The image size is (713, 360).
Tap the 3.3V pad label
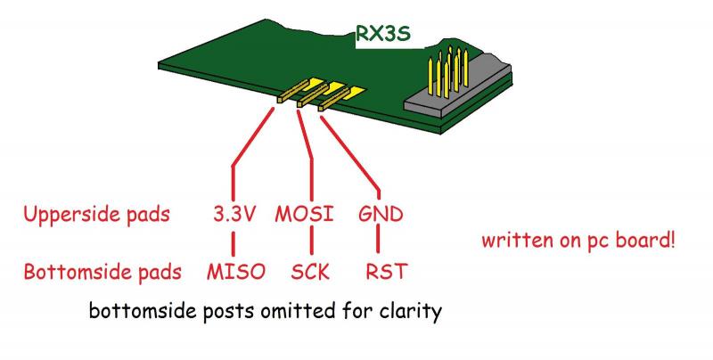[x=234, y=216]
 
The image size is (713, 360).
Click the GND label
[x=380, y=216]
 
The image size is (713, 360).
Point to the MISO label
[x=235, y=270]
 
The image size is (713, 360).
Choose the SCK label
[x=311, y=270]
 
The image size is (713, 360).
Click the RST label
[x=384, y=270]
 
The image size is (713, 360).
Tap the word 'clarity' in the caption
[x=412, y=314]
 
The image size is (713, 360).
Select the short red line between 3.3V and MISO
[x=234, y=243]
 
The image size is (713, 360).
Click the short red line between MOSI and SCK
[x=310, y=243]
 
